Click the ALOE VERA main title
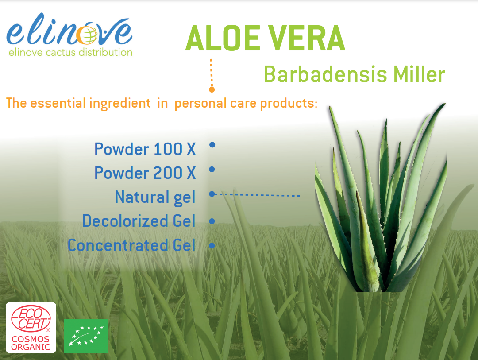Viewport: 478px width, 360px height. [265, 38]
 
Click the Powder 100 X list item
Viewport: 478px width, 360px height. [145, 149]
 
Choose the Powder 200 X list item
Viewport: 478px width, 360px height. [145, 173]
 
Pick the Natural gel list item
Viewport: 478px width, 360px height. [155, 197]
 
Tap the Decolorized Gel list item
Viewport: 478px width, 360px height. [139, 221]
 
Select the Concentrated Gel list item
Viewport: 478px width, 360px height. [131, 245]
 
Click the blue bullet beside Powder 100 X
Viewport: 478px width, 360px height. [212, 145]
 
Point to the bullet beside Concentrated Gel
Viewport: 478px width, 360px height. [212, 245]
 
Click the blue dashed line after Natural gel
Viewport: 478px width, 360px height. [258, 195]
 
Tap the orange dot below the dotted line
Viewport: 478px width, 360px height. [212, 89]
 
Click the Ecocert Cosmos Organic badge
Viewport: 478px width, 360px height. [31, 328]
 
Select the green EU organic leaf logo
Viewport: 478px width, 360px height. [86, 336]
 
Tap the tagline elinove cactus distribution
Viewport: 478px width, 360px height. [70, 52]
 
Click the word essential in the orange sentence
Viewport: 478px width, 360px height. [58, 103]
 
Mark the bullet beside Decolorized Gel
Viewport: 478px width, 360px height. [212, 221]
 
